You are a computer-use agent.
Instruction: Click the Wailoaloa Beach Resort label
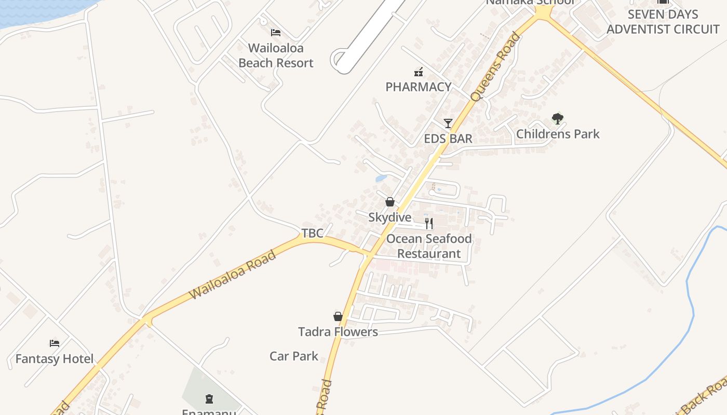tap(276, 56)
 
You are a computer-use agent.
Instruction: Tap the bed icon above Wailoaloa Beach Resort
tap(276, 33)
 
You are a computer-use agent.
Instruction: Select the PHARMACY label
tap(419, 87)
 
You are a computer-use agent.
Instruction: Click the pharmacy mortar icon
tap(418, 72)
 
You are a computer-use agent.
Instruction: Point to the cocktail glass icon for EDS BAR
tap(448, 123)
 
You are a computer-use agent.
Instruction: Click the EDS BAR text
tap(448, 139)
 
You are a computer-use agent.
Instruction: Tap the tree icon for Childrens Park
tap(558, 119)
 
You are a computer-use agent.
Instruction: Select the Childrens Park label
tap(558, 134)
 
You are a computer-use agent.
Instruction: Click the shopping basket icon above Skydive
tap(390, 202)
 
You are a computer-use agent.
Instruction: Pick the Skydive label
tap(390, 217)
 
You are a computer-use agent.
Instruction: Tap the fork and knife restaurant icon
tap(429, 223)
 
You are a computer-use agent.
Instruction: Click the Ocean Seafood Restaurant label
tap(429, 246)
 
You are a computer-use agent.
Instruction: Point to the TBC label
tap(313, 233)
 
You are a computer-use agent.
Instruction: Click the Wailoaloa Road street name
tap(232, 274)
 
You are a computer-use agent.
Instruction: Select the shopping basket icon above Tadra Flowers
tap(338, 316)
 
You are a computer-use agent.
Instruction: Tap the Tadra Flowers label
tap(338, 331)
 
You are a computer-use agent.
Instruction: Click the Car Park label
tap(294, 356)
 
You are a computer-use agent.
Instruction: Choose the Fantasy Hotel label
tap(55, 358)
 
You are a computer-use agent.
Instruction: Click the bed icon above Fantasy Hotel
tap(55, 343)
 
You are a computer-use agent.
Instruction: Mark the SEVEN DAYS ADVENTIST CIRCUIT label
tap(663, 22)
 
